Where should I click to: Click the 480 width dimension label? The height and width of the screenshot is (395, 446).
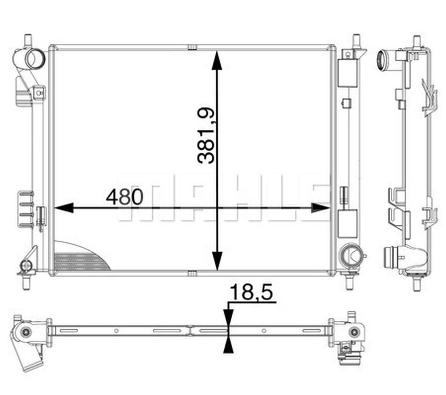pos(125,197)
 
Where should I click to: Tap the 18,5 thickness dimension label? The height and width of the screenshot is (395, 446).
pos(251,293)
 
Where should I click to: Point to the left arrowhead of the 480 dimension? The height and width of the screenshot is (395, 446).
pos(64,208)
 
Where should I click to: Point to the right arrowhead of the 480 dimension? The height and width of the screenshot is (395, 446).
pos(321,208)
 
